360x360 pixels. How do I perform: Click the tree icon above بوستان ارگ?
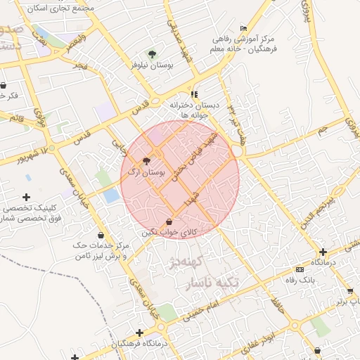[146, 161]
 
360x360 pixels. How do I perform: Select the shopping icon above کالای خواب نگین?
[169, 221]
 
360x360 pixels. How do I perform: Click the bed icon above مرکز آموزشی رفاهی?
[243, 28]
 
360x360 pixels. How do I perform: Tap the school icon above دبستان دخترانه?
[195, 94]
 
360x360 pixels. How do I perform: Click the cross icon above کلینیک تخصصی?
[27, 197]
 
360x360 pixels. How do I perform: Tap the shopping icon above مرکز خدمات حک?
[102, 236]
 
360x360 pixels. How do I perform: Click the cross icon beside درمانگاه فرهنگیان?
[140, 333]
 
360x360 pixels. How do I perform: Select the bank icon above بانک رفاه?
[300, 269]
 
